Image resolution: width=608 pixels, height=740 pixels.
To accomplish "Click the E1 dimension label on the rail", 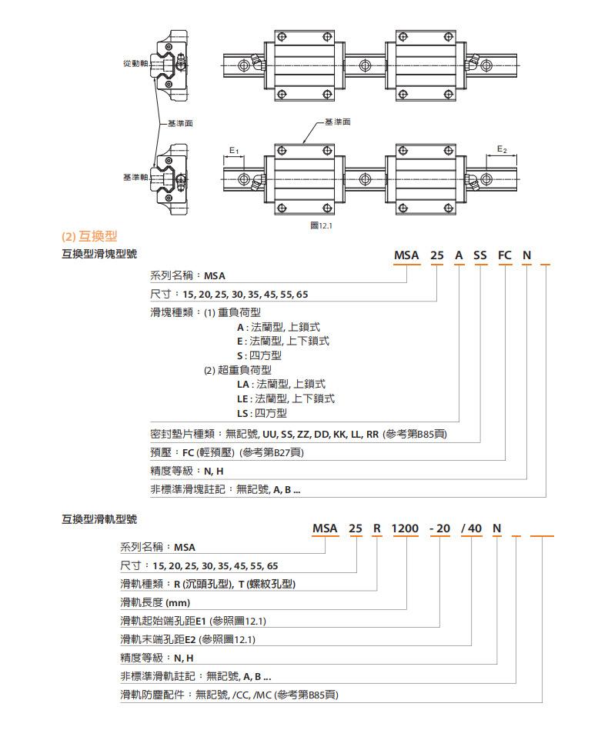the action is click(234, 151).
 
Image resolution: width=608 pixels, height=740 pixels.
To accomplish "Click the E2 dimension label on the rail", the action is click(502, 149).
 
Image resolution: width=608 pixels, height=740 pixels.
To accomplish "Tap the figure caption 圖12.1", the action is click(321, 225).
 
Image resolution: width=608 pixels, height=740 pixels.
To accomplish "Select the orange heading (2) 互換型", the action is click(89, 236).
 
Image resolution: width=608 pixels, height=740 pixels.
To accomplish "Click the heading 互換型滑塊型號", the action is click(99, 254).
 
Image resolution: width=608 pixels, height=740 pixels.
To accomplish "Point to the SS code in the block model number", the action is click(480, 255).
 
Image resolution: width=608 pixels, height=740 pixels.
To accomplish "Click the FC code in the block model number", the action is click(505, 255).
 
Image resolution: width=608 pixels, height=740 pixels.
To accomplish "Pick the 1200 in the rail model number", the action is click(405, 528).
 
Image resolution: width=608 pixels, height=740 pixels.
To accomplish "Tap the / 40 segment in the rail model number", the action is click(472, 528).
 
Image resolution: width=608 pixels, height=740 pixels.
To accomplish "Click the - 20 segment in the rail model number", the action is click(440, 528).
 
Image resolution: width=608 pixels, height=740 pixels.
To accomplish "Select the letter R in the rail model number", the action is click(376, 528).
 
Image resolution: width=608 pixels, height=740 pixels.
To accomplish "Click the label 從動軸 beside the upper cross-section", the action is click(135, 63).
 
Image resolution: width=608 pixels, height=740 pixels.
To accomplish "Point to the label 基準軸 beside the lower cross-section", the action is click(135, 178).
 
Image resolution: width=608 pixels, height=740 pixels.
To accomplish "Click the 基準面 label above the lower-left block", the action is click(338, 122).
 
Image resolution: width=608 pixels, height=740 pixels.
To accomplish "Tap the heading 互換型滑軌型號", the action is click(99, 519).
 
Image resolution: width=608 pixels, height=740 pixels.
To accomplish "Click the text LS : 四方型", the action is click(262, 413).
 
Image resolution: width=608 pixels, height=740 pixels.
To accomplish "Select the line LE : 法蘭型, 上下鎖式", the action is click(286, 398).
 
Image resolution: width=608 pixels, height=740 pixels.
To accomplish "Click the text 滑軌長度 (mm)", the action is click(155, 602).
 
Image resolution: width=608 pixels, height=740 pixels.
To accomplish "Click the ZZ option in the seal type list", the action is click(303, 434).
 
